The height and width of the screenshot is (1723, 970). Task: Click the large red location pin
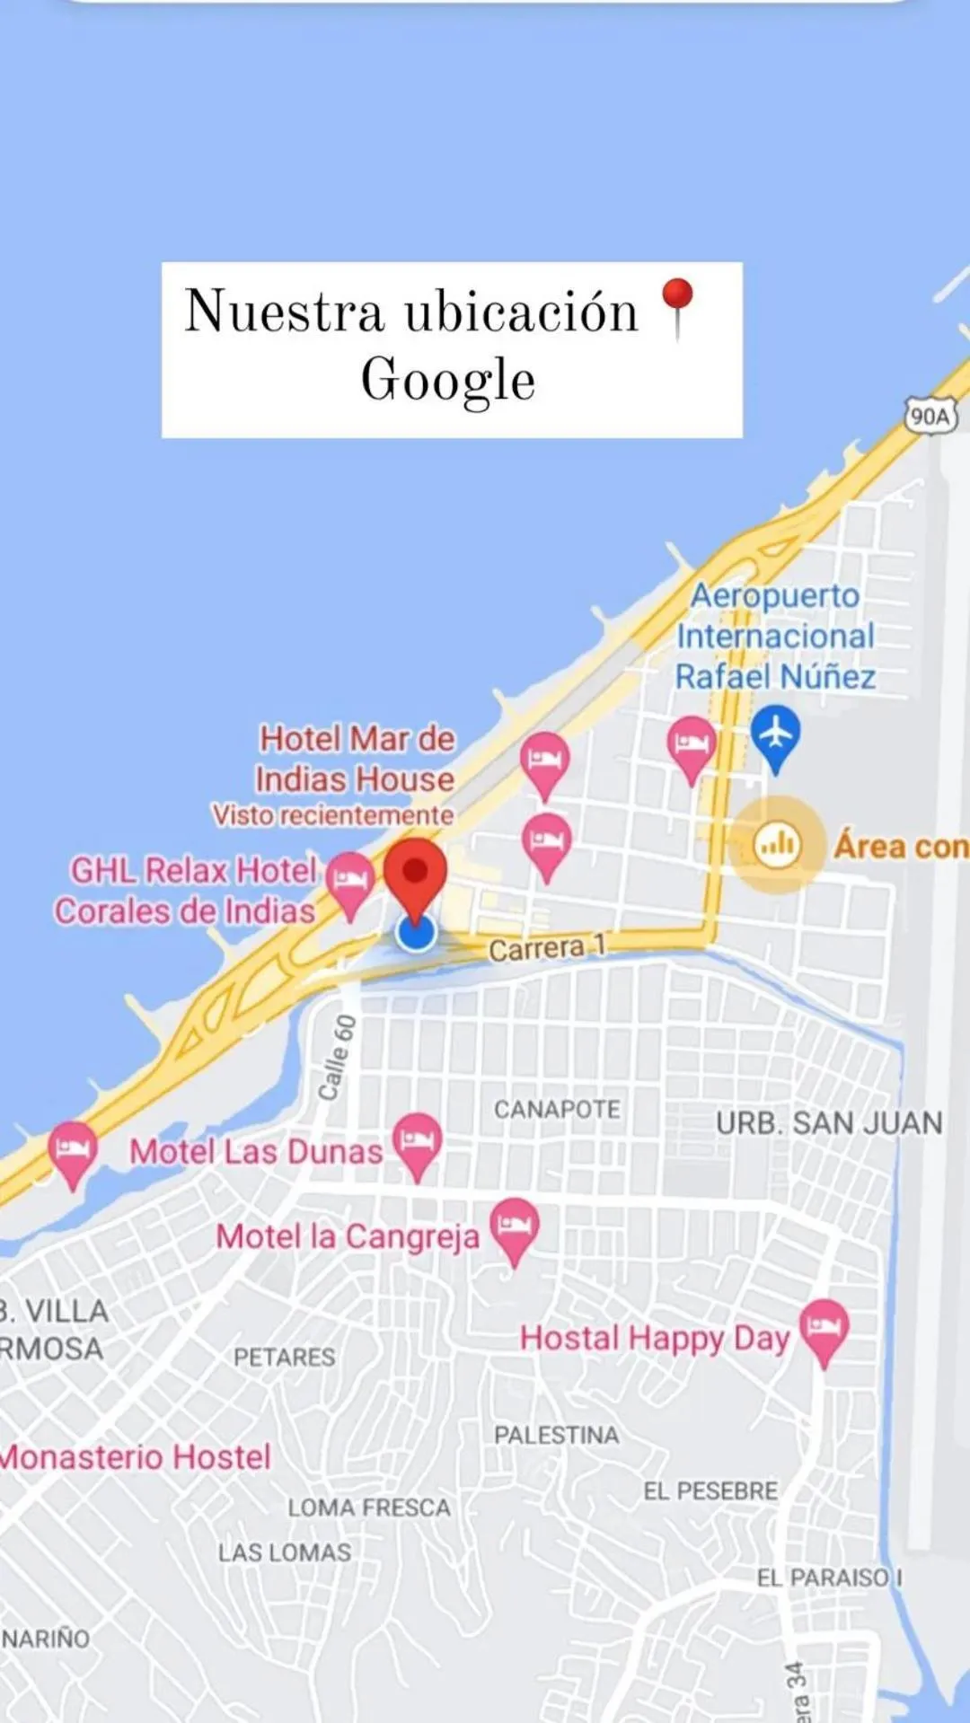(415, 875)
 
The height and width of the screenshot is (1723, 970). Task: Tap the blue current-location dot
(416, 933)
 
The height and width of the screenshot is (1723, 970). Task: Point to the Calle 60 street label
(337, 1057)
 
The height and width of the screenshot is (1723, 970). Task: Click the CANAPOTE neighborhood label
(557, 1110)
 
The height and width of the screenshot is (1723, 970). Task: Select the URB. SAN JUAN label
(829, 1122)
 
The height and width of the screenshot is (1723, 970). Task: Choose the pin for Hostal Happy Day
(824, 1329)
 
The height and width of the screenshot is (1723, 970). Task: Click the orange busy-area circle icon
(777, 845)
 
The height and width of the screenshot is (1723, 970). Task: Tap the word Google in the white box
(448, 381)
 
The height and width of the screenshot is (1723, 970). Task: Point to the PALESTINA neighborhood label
(556, 1436)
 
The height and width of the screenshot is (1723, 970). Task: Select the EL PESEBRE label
(710, 1491)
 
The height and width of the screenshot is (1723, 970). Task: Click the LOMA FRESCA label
(369, 1508)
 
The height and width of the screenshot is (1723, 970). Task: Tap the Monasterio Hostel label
(135, 1456)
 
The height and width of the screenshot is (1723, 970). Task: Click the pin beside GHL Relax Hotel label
(349, 881)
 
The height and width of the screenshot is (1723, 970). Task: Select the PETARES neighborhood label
(284, 1357)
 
